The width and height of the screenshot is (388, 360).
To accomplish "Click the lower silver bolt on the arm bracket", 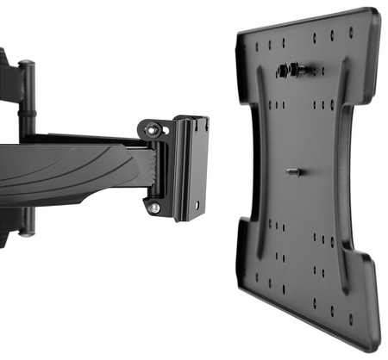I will click(x=153, y=208).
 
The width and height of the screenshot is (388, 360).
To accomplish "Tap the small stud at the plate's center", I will click(x=293, y=171).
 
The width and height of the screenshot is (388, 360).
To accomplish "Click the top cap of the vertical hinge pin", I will click(x=26, y=64).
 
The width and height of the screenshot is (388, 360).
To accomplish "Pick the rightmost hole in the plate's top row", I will click(x=351, y=32).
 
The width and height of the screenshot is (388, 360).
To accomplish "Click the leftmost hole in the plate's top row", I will click(x=255, y=45).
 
